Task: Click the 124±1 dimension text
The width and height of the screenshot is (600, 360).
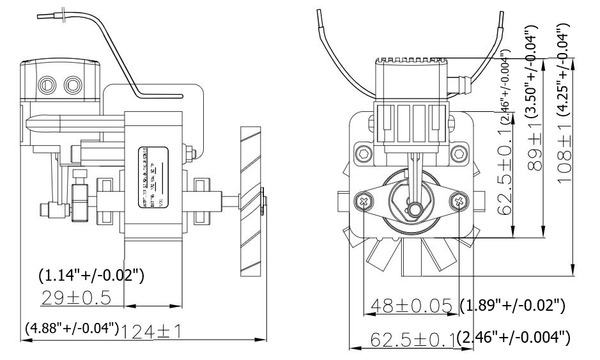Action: tap(151, 331)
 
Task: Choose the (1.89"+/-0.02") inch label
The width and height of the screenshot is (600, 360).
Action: tap(512, 305)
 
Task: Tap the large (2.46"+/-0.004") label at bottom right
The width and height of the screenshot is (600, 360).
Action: tap(513, 338)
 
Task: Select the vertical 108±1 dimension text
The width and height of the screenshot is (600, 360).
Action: tap(564, 153)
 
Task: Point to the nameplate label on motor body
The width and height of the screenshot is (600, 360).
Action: tap(153, 178)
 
